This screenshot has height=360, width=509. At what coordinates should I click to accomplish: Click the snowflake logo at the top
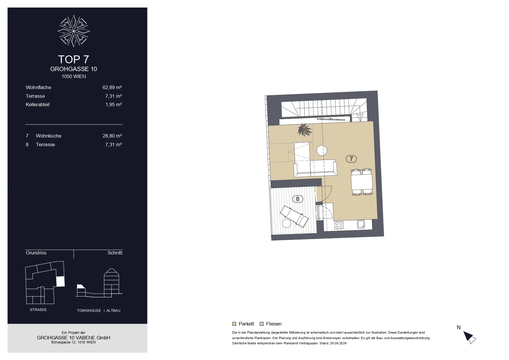74,31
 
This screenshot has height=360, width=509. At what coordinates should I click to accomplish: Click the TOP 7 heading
73,59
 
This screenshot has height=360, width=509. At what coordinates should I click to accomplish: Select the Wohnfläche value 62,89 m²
112,87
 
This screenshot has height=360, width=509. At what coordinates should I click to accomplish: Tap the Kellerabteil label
38,104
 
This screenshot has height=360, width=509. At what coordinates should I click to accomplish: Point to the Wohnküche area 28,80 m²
112,136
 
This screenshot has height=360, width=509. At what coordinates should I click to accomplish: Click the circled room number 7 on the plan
351,159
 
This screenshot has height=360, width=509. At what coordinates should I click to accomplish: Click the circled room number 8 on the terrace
297,199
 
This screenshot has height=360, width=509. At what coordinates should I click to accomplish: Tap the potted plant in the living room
304,130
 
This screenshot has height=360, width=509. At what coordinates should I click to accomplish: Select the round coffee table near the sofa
322,151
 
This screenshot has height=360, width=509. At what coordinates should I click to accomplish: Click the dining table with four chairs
362,182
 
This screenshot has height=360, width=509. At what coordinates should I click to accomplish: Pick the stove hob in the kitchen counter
339,225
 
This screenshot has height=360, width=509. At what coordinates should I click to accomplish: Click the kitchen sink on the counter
361,224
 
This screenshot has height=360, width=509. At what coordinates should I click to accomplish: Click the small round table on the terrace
286,223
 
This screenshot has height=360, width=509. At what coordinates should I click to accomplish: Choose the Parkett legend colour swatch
234,324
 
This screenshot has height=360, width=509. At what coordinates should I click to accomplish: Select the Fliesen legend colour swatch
261,324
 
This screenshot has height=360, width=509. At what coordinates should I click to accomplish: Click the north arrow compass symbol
469,337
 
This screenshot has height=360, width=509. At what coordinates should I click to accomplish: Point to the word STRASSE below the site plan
38,310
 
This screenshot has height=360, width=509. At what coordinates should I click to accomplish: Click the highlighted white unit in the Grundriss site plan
60,281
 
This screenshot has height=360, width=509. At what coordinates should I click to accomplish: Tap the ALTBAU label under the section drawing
113,311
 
